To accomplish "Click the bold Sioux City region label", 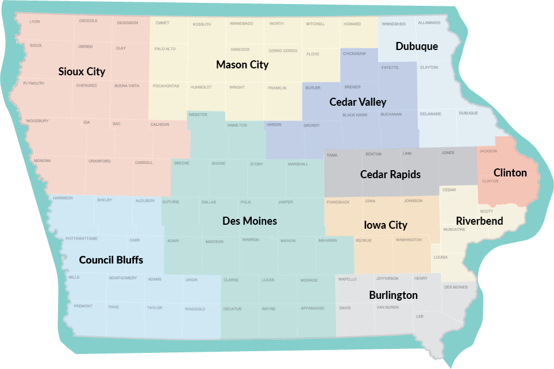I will (82, 72).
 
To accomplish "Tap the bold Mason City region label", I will (242, 64).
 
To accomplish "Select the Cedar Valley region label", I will (357, 102).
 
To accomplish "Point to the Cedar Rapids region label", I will (390, 174).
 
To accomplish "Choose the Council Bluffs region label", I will (111, 260).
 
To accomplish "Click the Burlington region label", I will (393, 295).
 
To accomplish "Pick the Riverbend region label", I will (479, 221).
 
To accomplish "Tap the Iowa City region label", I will (386, 225).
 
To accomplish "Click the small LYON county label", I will (34, 22).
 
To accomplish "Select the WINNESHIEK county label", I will (394, 24).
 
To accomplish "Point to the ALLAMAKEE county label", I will (429, 23).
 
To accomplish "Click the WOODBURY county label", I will (37, 121).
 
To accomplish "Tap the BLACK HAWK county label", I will (355, 115).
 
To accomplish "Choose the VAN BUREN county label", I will (387, 307).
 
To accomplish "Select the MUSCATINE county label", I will (454, 229).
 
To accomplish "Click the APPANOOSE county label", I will (311, 309).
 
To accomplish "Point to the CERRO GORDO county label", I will (283, 51).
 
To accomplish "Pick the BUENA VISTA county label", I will (126, 86).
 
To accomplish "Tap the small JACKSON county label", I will (488, 151).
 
